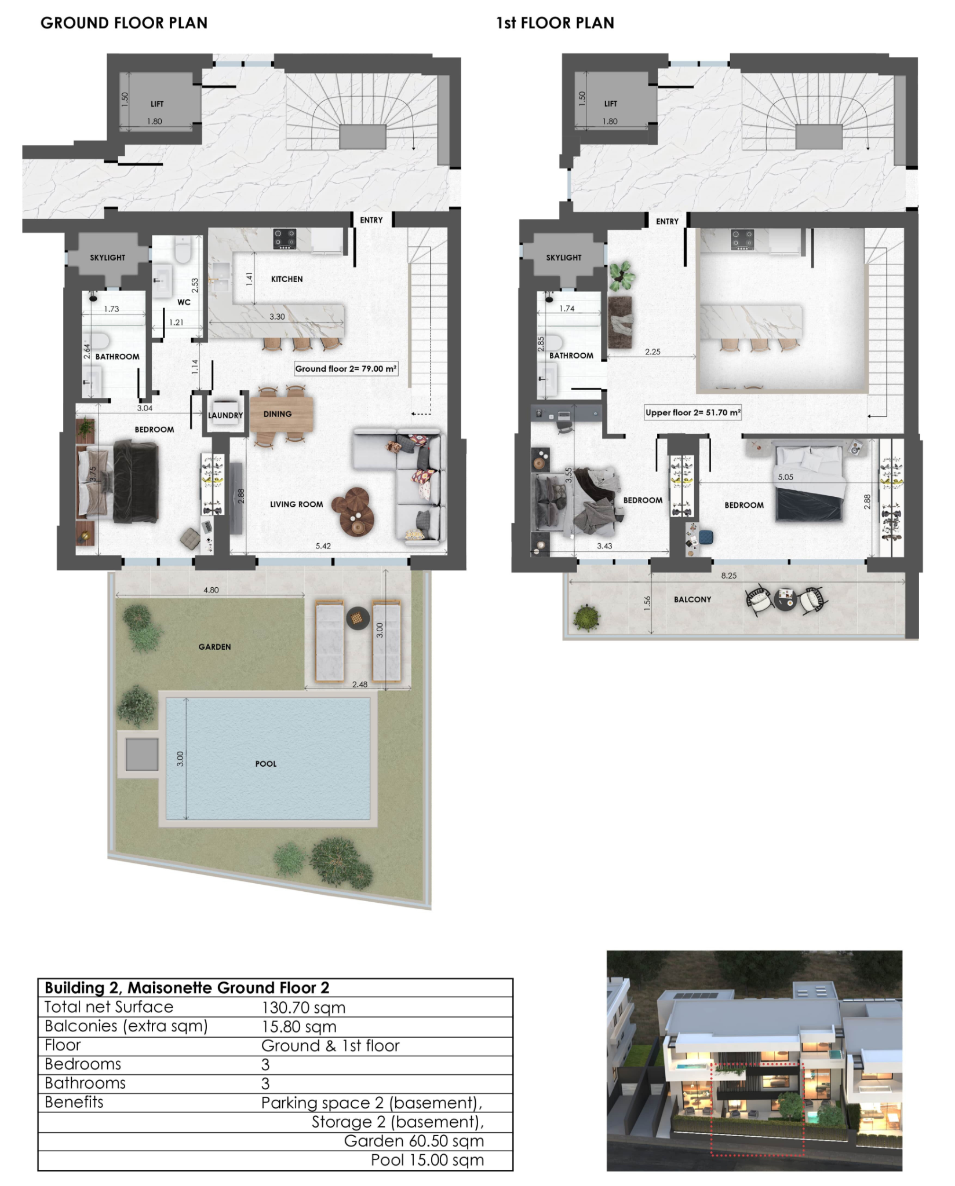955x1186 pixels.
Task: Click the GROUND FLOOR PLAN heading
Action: pos(124,23)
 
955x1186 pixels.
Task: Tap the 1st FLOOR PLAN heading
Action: pos(555,23)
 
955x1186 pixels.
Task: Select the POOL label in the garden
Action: pos(266,764)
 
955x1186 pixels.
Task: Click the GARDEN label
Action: pos(214,647)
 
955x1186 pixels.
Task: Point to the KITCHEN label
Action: pos(287,279)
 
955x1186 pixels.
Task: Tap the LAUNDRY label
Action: pos(225,415)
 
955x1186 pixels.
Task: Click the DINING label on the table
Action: pos(278,414)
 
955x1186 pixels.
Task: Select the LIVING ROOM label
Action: pos(297,504)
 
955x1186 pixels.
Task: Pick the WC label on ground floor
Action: pos(184,302)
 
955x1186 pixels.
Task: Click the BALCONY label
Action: pos(692,599)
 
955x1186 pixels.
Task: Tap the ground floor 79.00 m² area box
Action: pos(346,369)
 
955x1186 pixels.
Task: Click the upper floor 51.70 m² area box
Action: pos(693,413)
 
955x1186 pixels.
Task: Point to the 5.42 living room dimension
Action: pos(323,546)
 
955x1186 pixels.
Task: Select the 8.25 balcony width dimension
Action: pos(729,576)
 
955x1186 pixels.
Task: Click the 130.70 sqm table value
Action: pos(304,1008)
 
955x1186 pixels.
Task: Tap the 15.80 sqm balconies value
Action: pos(299,1027)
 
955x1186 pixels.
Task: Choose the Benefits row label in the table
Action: pos(74,1102)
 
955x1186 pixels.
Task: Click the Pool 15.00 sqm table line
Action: pos(428,1160)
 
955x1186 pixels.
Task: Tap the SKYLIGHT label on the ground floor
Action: pos(108,258)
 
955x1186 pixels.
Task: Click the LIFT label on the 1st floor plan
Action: pos(611,104)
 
